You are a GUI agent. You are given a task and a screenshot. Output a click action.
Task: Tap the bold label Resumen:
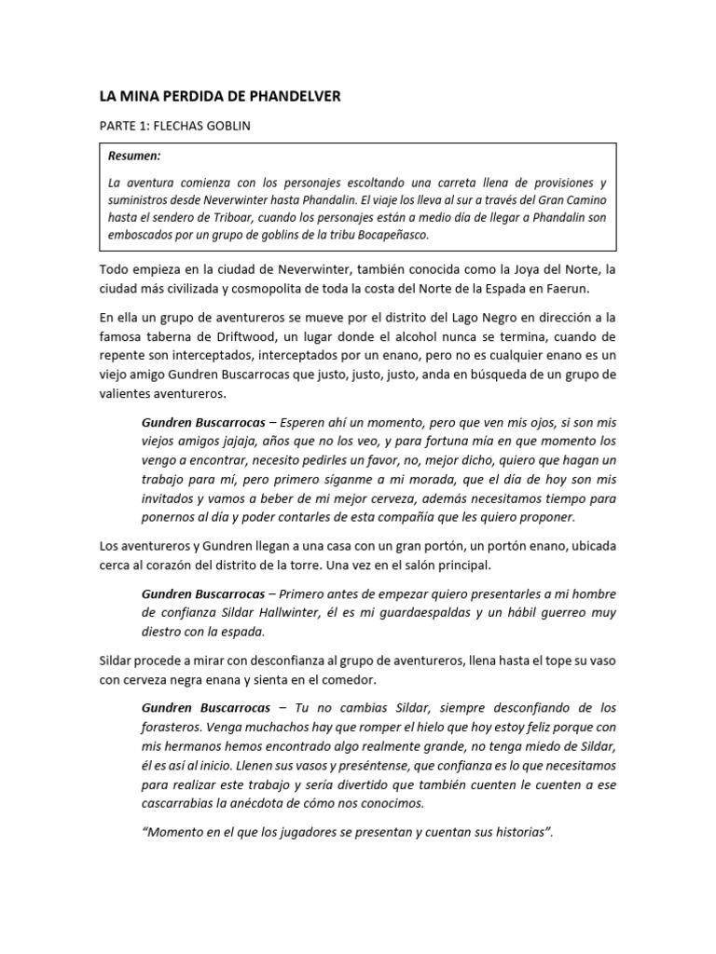click(133, 157)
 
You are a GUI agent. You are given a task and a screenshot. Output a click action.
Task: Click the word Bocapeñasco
click(392, 235)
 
